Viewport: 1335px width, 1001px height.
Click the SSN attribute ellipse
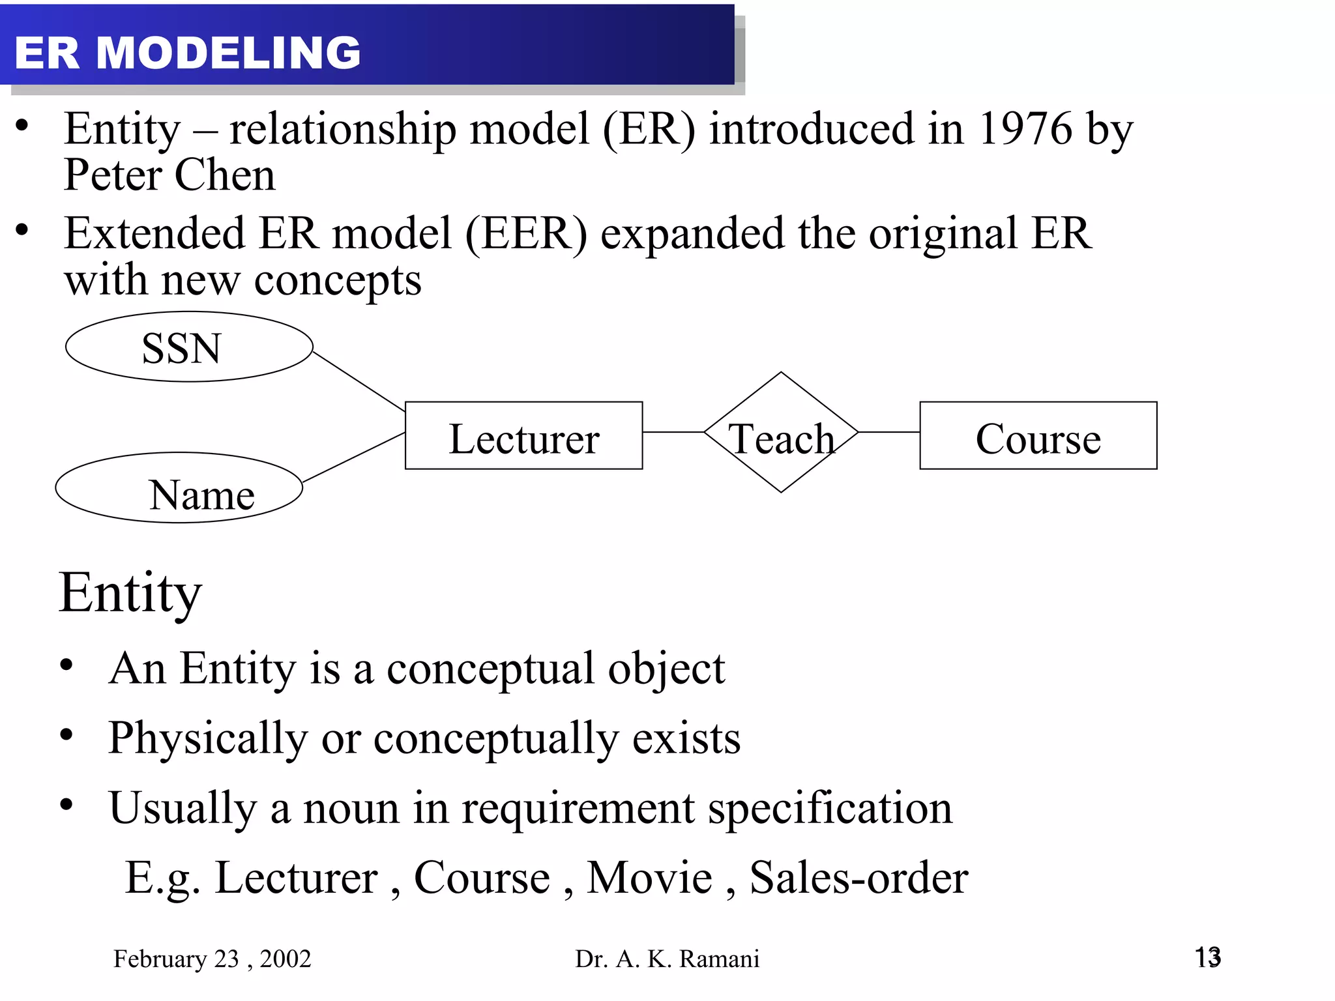coord(189,347)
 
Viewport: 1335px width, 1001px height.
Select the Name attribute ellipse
coord(179,487)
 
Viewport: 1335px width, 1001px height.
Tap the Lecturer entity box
coord(523,435)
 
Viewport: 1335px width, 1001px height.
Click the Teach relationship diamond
coord(781,433)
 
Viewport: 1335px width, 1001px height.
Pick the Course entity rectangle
coord(1038,435)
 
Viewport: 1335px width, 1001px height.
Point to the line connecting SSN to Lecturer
coord(359,382)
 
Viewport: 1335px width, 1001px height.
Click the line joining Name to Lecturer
coord(354,457)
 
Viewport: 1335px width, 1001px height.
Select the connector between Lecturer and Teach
coord(673,432)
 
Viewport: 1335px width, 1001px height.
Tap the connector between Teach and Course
coord(888,432)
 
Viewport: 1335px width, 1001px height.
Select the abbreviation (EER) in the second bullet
coord(526,233)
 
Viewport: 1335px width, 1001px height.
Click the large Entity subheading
coord(130,593)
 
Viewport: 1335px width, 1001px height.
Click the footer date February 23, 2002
coord(212,959)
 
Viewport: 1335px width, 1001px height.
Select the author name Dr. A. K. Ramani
coord(667,959)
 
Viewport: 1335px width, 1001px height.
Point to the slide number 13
coord(1207,957)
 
